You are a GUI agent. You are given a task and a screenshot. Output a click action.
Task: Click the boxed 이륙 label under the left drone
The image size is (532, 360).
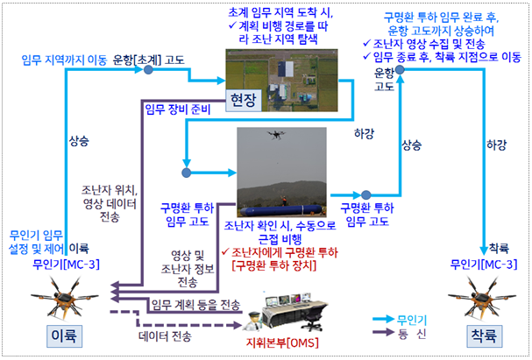64,336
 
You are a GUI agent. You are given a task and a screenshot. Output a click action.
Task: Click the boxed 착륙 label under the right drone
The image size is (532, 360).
484,336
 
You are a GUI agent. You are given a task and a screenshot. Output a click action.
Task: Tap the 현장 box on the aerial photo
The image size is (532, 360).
244,101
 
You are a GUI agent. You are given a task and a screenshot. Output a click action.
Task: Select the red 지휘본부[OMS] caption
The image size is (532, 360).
282,342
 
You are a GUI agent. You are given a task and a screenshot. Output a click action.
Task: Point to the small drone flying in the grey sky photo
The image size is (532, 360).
276,135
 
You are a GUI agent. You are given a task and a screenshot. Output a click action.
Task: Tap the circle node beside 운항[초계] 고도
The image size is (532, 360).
148,70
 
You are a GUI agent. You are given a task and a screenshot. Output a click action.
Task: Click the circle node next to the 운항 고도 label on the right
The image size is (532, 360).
400,69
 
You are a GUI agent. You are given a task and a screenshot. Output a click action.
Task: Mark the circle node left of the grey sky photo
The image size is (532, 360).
187,173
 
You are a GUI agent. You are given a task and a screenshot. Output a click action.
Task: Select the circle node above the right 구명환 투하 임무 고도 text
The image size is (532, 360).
365,195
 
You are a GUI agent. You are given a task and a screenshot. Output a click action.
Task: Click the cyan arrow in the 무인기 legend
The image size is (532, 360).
383,320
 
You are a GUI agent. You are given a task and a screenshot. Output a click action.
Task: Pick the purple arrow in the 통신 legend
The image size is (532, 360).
383,332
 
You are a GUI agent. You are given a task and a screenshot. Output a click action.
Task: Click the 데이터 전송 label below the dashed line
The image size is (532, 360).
166,336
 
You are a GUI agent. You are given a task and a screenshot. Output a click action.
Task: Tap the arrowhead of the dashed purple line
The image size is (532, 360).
238,325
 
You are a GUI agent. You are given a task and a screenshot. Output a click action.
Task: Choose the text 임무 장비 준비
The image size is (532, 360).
178,109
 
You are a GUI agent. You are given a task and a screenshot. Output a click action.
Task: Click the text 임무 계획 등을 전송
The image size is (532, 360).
195,305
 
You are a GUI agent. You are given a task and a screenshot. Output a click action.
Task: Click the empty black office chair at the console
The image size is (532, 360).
311,320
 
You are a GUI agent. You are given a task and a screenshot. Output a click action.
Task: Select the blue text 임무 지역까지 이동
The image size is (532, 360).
64,60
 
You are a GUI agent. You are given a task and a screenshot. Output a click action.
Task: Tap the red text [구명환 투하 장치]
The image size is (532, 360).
273,265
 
